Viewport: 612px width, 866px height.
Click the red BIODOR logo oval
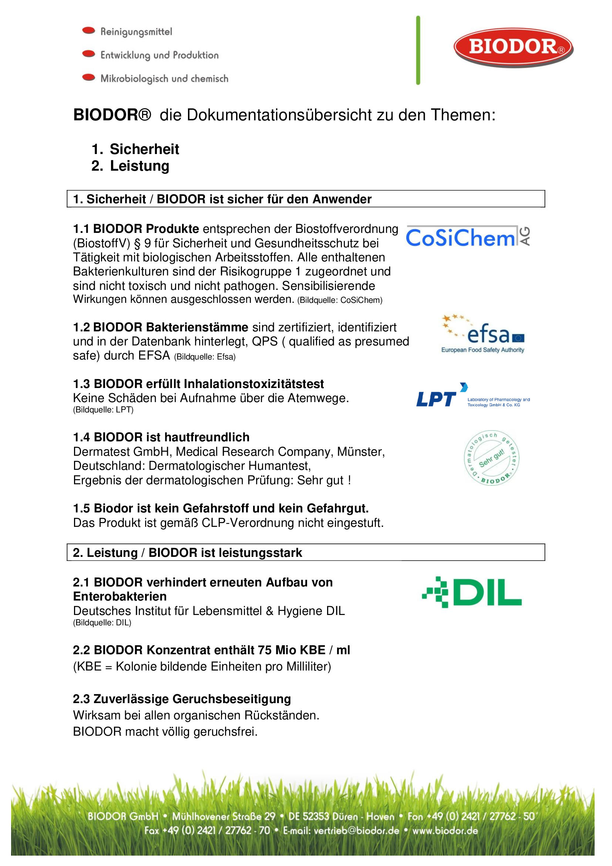click(513, 47)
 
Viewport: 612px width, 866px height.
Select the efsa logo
click(483, 334)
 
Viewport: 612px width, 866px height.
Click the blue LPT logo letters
click(436, 399)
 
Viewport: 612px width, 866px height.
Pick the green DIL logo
click(472, 592)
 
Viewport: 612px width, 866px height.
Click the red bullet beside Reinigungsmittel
click(88, 31)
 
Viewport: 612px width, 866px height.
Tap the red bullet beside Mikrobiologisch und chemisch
click(88, 78)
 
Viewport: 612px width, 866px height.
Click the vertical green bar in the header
click(418, 50)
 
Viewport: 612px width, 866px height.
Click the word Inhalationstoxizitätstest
click(253, 384)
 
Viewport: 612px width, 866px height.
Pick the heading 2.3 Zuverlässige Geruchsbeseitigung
click(182, 699)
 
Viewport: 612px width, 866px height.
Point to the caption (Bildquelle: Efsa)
click(205, 357)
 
